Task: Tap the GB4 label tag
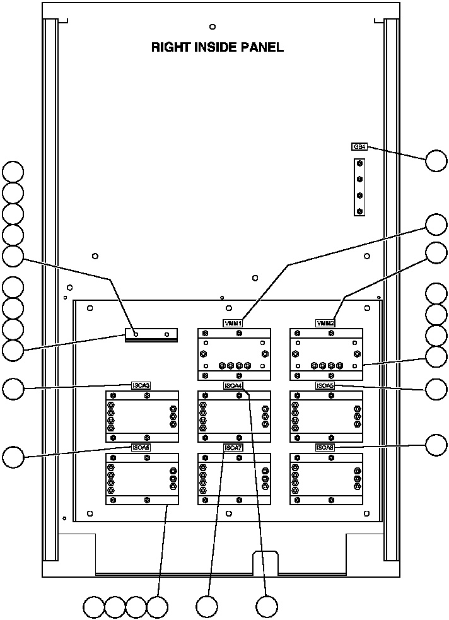pos(359,146)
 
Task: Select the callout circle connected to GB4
pos(436,161)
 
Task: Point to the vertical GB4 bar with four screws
pos(359,187)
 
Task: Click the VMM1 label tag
pos(233,323)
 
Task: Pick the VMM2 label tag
pos(325,323)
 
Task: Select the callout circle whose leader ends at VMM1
pos(436,225)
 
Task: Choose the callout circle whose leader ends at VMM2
pos(436,252)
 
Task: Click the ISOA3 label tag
pos(141,385)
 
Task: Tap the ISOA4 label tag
pos(233,385)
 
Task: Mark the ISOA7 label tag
pos(233,447)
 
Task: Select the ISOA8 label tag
pos(325,447)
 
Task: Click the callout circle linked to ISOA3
pos(13,389)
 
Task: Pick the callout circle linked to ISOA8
pos(436,445)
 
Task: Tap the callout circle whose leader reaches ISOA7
pos(206,607)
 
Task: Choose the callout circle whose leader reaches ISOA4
pos(267,607)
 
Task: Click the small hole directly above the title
pos(213,26)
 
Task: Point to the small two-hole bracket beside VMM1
pos(151,334)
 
